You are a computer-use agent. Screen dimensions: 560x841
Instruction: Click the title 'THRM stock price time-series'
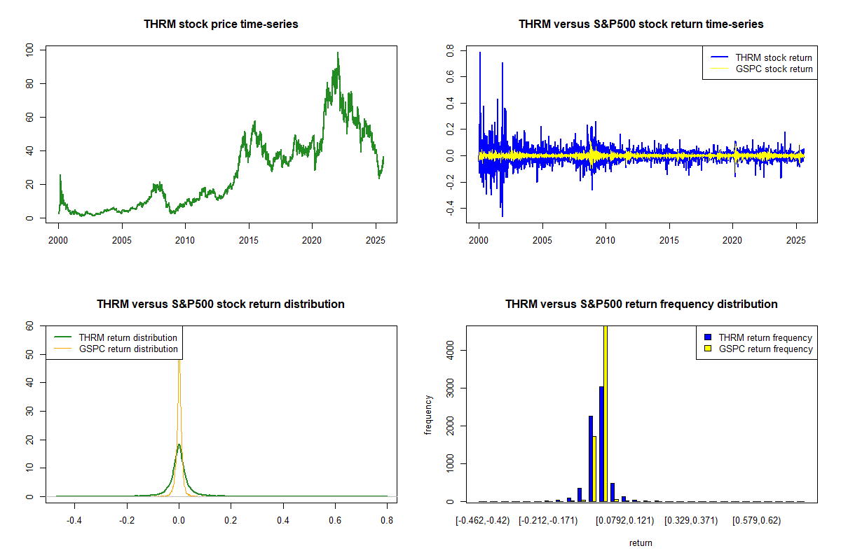[x=221, y=24]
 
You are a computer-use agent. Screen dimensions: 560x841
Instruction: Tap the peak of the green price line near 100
[x=338, y=52]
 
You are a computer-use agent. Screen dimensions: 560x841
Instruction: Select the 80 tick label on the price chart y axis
[x=30, y=83]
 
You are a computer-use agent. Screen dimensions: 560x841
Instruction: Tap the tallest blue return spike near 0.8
[x=480, y=52]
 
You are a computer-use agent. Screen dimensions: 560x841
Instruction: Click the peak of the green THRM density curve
[x=179, y=444]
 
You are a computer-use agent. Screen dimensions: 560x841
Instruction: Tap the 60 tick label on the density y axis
[x=30, y=326]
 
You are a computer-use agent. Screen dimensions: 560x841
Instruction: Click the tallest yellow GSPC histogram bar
[x=606, y=413]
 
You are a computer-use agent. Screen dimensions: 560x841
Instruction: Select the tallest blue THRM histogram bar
[x=601, y=444]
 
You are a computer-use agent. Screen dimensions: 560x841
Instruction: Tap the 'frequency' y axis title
[x=429, y=414]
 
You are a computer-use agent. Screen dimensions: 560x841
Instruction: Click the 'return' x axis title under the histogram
[x=641, y=542]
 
